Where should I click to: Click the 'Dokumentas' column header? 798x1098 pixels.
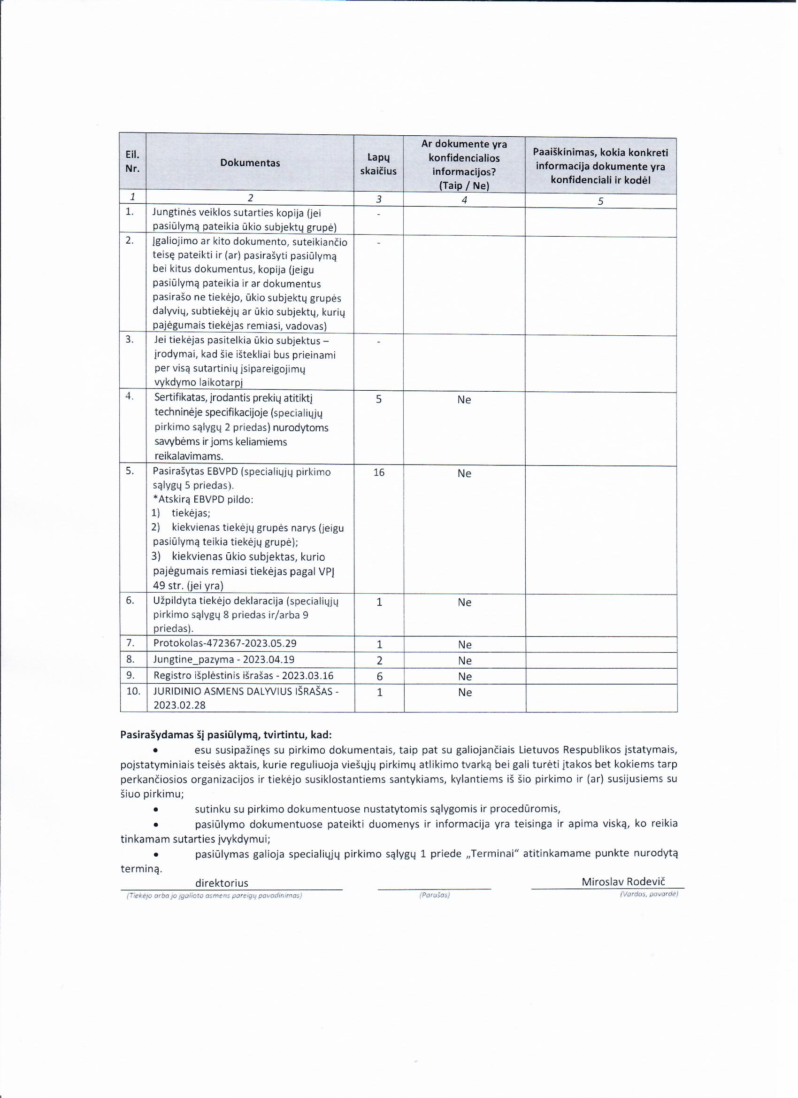[x=250, y=163]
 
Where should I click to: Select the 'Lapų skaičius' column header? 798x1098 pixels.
[x=378, y=164]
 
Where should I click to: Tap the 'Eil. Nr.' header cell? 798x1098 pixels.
[x=132, y=162]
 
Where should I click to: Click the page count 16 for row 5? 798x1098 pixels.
[x=379, y=472]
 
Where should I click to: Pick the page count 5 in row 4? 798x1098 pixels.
[x=379, y=399]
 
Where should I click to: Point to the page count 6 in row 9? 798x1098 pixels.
[x=379, y=676]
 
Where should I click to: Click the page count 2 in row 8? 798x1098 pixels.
[x=379, y=660]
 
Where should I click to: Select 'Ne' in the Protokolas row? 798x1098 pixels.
[x=465, y=645]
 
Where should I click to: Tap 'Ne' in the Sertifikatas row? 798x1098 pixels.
[x=464, y=400]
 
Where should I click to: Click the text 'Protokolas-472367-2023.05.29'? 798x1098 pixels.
[x=225, y=643]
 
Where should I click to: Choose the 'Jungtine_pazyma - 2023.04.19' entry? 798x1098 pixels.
[x=224, y=659]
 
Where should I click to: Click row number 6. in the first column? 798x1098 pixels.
[x=130, y=600]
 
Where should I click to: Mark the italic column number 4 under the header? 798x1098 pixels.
[x=464, y=200]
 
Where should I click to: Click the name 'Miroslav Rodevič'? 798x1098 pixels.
[x=623, y=882]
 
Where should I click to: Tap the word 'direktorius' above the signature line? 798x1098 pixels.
[x=222, y=883]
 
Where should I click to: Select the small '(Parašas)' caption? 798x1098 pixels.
[x=435, y=896]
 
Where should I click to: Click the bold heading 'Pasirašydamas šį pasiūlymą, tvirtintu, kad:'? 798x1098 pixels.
[x=226, y=735]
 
